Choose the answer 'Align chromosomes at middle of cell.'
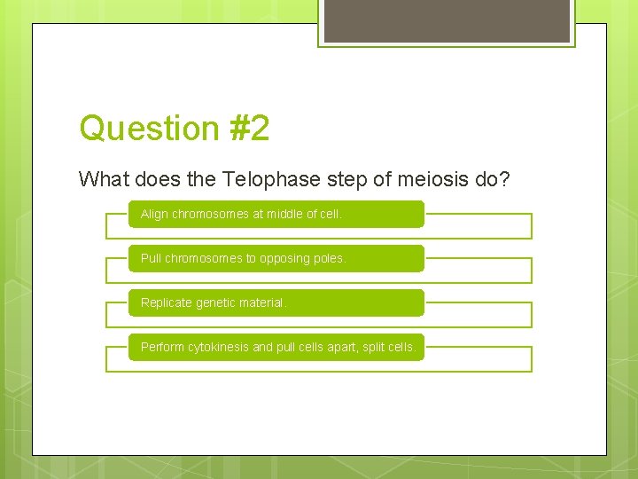(276, 214)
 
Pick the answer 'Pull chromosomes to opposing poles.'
(276, 258)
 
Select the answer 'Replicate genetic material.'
(276, 302)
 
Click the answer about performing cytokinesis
(276, 347)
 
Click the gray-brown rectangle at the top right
(447, 20)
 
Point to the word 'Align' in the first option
(154, 214)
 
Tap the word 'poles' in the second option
(330, 258)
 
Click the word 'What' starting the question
(104, 179)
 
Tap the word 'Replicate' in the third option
(167, 302)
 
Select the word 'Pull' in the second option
(151, 258)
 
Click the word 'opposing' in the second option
(285, 258)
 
